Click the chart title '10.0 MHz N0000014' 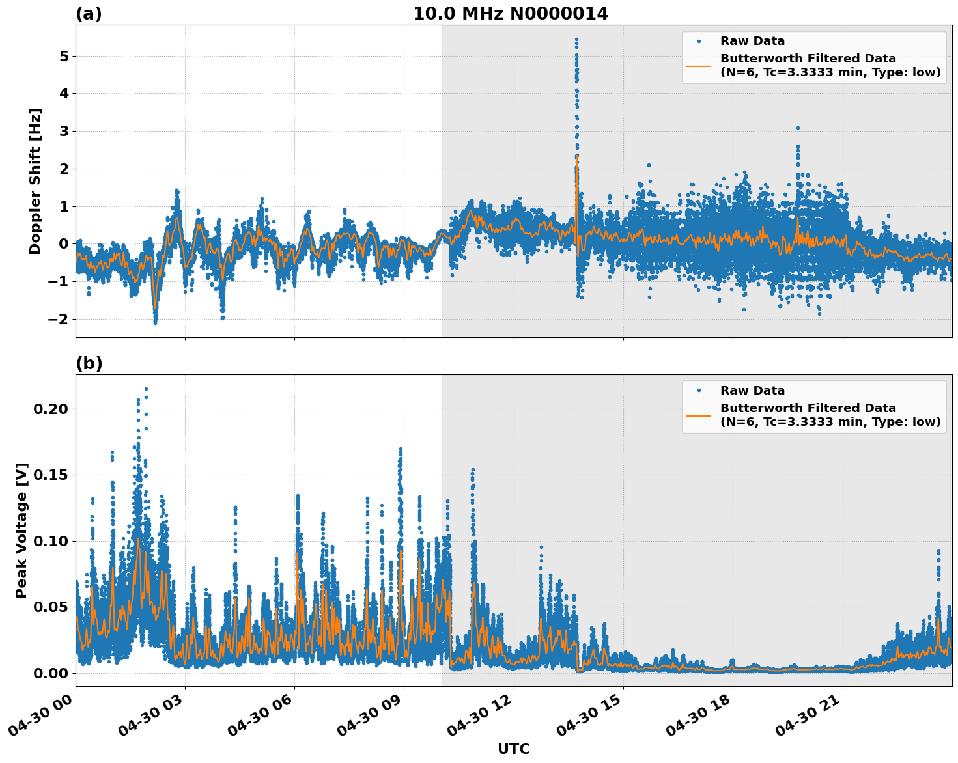510,14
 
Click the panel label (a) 89,14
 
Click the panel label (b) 89,363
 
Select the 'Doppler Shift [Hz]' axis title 35,181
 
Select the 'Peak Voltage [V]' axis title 21,531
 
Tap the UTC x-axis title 513,749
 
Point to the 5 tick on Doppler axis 64,56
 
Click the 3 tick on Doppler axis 64,132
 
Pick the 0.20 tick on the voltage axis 51,409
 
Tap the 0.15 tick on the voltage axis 51,475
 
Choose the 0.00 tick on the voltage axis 51,673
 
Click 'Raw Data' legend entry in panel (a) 752,41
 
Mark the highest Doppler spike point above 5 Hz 576,39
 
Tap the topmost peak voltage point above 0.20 146,389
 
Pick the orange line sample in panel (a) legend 699,65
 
